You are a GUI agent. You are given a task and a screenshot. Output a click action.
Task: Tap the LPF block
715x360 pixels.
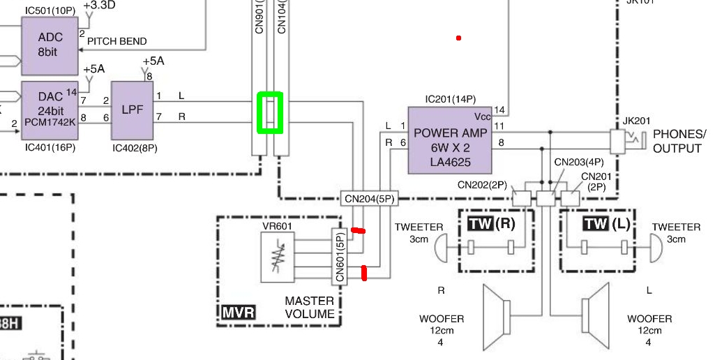pyautogui.click(x=132, y=111)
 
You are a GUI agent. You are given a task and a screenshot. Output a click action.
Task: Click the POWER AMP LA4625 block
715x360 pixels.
pyautogui.click(x=450, y=140)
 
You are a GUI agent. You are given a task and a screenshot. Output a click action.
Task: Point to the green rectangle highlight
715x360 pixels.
pyautogui.click(x=269, y=112)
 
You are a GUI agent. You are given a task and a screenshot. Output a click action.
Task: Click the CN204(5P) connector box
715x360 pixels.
pyautogui.click(x=369, y=199)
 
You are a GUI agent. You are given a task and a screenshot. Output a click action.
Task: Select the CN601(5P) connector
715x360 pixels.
pyautogui.click(x=340, y=257)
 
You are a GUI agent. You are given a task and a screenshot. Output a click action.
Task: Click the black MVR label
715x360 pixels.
pyautogui.click(x=239, y=311)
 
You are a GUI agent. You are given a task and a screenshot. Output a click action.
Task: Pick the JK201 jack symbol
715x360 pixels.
pyautogui.click(x=619, y=142)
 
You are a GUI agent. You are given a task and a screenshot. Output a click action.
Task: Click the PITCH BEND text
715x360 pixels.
pyautogui.click(x=117, y=41)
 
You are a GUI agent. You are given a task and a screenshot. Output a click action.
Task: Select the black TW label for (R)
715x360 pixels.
pyautogui.click(x=479, y=223)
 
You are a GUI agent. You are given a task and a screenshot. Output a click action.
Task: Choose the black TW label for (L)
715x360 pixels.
pyautogui.click(x=595, y=223)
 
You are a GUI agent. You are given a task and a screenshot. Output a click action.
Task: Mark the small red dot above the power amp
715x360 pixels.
pyautogui.click(x=458, y=38)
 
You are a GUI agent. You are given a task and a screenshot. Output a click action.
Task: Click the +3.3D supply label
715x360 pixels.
pyautogui.click(x=100, y=6)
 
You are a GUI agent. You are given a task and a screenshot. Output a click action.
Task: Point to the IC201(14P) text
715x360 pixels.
pyautogui.click(x=450, y=99)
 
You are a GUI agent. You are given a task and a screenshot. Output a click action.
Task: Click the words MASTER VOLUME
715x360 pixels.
pyautogui.click(x=309, y=308)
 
